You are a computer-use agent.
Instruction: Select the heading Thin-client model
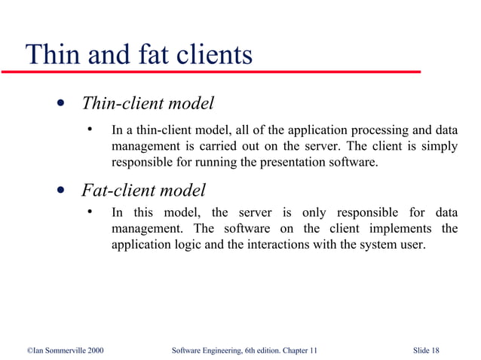(x=148, y=102)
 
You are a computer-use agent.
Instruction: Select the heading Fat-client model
(x=143, y=191)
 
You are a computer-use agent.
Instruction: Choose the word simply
(x=437, y=146)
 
